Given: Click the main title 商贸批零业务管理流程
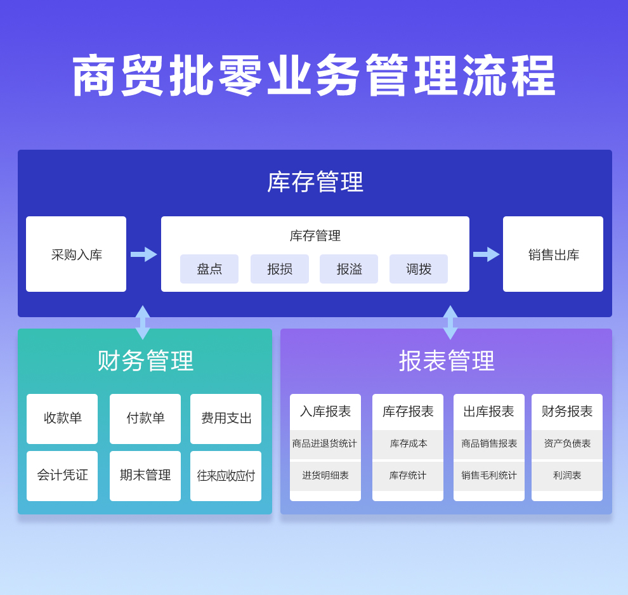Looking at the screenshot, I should tap(314, 76).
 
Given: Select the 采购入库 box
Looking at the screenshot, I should tap(76, 254).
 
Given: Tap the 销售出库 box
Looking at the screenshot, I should tap(553, 254).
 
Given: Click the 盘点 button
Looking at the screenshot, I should tap(209, 269).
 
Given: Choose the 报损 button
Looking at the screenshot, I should tap(280, 269).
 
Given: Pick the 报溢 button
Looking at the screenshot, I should tap(349, 269).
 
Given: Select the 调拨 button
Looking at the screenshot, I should tap(419, 269).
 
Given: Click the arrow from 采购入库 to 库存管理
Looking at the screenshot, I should tap(144, 254).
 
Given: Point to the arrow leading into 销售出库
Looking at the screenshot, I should tap(487, 254).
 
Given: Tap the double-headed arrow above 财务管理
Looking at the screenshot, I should tap(143, 322).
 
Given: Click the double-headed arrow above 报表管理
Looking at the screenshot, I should tap(450, 322).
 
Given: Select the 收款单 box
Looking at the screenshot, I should tap(62, 419).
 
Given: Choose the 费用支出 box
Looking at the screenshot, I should tap(226, 419).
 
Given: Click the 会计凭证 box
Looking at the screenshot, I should tap(62, 476).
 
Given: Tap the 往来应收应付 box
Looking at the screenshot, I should tap(226, 476).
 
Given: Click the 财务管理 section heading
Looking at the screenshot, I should tap(145, 361).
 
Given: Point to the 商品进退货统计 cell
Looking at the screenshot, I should tap(325, 444).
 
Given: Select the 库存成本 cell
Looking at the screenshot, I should tap(408, 444).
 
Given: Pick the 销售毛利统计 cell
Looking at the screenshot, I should tap(489, 476).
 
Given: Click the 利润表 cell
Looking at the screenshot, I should tap(567, 476).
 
